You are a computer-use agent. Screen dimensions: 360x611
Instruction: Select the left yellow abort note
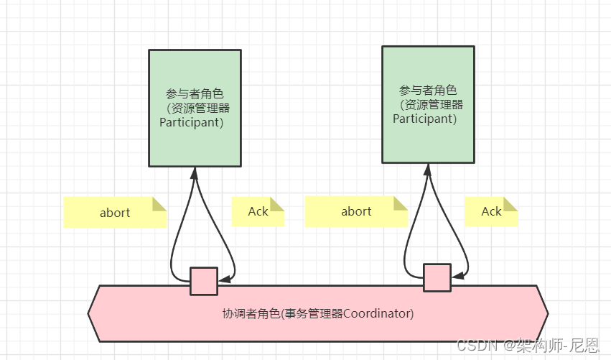115,212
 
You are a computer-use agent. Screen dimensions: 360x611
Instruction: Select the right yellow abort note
356,211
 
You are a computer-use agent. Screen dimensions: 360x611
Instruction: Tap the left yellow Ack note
258,211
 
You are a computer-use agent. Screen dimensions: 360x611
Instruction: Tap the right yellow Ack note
491,211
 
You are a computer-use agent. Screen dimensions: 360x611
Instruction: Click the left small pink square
204,281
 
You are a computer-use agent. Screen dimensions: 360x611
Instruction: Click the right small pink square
437,277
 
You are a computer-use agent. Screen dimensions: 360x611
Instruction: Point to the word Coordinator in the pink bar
378,314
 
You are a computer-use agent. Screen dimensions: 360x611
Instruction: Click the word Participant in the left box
190,122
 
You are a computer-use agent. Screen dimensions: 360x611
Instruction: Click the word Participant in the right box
424,119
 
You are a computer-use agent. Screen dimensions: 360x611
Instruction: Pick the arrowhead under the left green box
195,173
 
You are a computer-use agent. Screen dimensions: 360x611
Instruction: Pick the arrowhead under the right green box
428,170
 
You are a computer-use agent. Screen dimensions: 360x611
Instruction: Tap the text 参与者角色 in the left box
195,94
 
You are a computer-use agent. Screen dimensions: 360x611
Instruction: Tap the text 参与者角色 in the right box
428,91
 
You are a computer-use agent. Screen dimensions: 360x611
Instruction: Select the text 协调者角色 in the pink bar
251,314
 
